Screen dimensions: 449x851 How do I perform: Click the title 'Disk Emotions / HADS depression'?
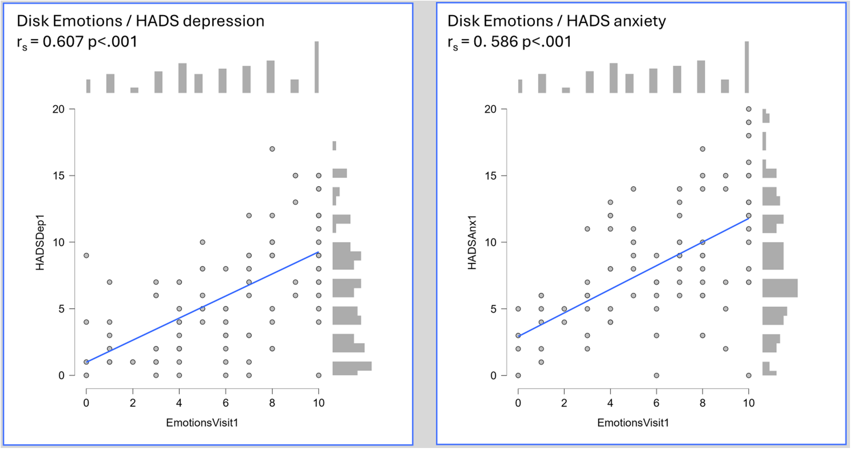click(x=140, y=21)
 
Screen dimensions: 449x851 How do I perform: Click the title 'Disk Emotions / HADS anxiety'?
click(x=556, y=21)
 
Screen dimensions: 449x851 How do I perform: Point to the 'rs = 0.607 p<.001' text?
click(x=77, y=42)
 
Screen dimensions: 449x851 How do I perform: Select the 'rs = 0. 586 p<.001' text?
click(x=509, y=42)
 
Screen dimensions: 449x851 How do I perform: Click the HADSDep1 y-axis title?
click(x=40, y=242)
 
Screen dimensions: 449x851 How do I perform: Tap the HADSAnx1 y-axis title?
click(x=472, y=242)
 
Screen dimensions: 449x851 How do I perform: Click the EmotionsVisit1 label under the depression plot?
click(x=202, y=423)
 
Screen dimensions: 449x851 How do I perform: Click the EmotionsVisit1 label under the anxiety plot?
click(x=633, y=423)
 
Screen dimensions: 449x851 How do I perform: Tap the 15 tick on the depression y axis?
click(x=59, y=176)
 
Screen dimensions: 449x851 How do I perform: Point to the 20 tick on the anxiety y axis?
click(x=491, y=109)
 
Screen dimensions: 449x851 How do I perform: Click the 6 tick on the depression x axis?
click(x=225, y=403)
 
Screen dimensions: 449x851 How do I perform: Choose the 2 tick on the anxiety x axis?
click(x=564, y=403)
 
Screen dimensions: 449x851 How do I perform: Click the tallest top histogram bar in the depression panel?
click(x=317, y=67)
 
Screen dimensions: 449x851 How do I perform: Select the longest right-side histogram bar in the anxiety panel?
click(x=780, y=288)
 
